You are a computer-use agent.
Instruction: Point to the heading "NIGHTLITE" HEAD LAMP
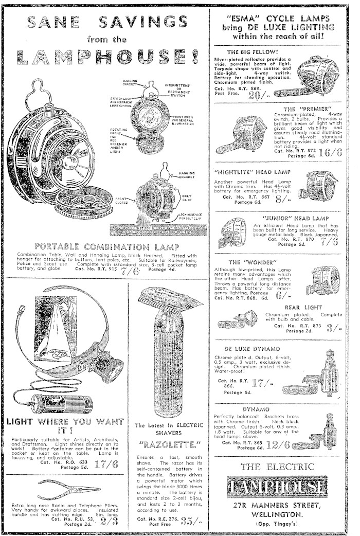point(251,172)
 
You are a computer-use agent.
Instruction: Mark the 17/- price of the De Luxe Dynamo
point(264,383)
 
